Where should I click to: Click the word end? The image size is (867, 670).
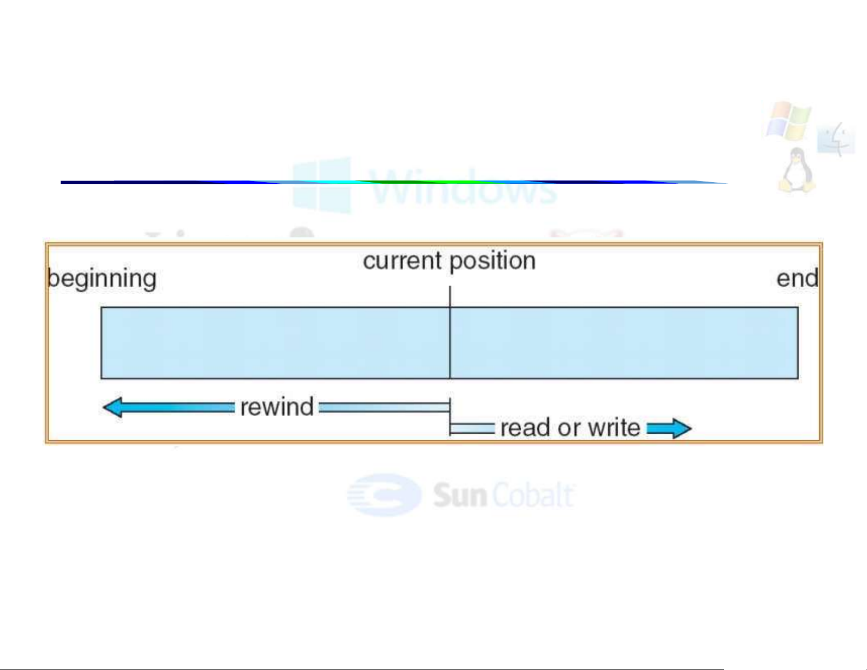pos(797,278)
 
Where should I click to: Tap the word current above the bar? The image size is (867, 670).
pos(402,261)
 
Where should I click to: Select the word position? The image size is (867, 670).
pos(492,261)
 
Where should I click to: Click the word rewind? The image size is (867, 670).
pos(277,407)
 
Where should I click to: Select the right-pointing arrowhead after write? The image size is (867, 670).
pos(680,428)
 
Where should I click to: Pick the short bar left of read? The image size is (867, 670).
pos(472,428)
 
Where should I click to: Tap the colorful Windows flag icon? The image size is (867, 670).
pos(788,120)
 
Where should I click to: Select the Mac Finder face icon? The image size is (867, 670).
pos(836,139)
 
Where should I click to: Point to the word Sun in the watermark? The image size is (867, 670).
pos(459,495)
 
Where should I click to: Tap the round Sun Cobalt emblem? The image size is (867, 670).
pos(385,495)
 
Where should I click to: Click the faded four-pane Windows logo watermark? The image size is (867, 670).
pos(322,185)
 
